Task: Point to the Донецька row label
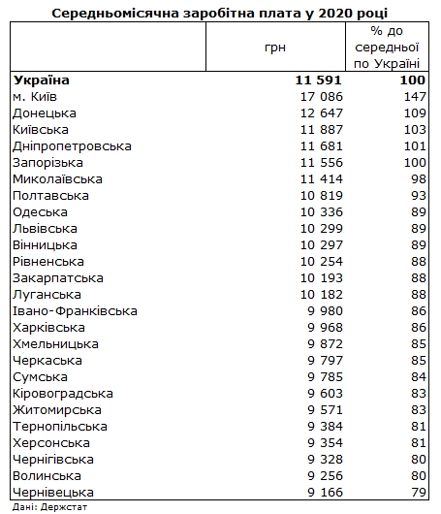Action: [x=45, y=113]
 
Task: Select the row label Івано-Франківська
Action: [x=75, y=310]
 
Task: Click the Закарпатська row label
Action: [x=57, y=277]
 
